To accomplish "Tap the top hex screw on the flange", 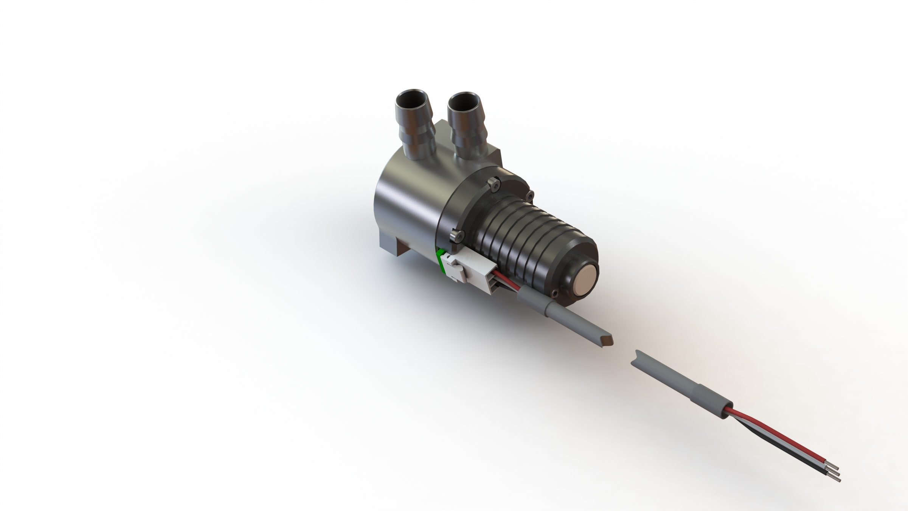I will (x=494, y=184).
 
